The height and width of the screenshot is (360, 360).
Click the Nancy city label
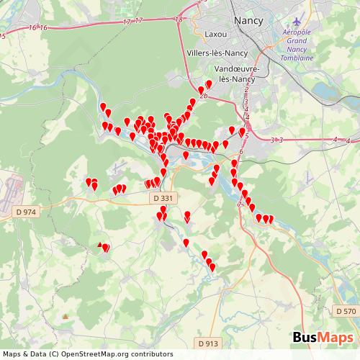250,20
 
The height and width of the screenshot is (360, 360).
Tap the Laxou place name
215,33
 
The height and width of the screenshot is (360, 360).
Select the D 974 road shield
25,212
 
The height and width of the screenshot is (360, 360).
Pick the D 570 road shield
346,311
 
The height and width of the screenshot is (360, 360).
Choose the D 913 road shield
207,343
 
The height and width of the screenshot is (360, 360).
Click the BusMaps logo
323,338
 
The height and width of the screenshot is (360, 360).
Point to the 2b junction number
204,96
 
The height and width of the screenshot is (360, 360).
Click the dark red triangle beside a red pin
100,245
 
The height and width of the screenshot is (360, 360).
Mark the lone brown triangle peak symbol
66,316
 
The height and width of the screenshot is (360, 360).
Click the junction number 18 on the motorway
179,20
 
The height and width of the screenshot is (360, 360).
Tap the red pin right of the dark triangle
106,248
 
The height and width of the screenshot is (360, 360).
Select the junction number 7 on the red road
239,204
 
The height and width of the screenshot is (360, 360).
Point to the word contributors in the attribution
153,354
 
